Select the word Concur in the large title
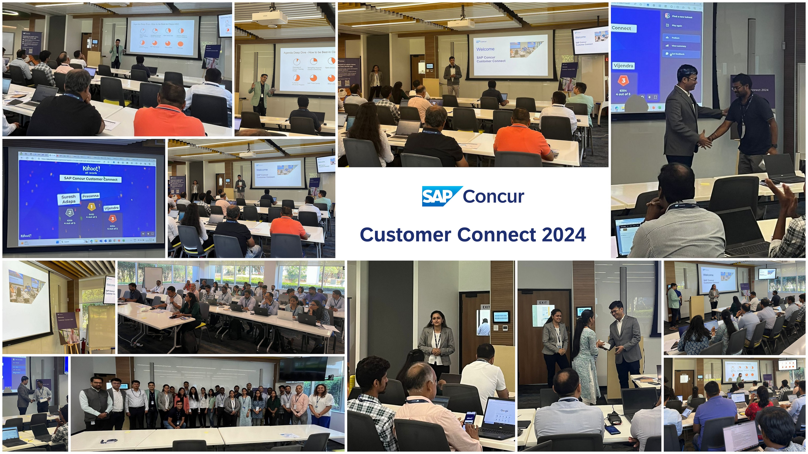click(493, 196)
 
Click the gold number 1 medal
click(91, 207)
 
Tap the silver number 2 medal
click(70, 213)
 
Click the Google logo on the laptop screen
click(504, 411)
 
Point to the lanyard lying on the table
click(109, 441)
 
